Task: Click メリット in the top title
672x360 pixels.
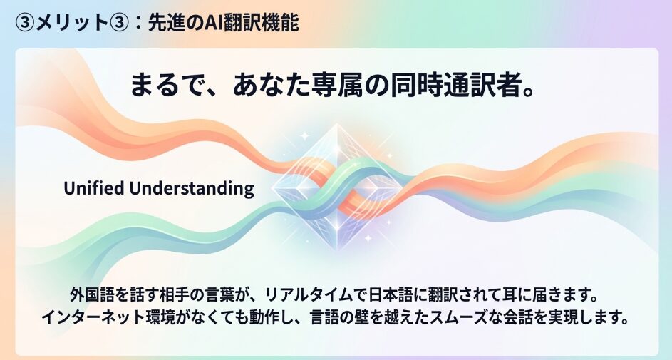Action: click(71, 22)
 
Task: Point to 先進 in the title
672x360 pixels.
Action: click(164, 22)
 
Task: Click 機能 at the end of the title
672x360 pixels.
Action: click(281, 22)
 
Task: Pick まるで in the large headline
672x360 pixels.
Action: click(166, 85)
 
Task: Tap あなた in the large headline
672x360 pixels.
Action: click(270, 85)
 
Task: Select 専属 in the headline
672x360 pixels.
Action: click(334, 85)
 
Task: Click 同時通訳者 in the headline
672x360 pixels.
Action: click(450, 85)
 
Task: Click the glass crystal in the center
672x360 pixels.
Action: click(337, 187)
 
